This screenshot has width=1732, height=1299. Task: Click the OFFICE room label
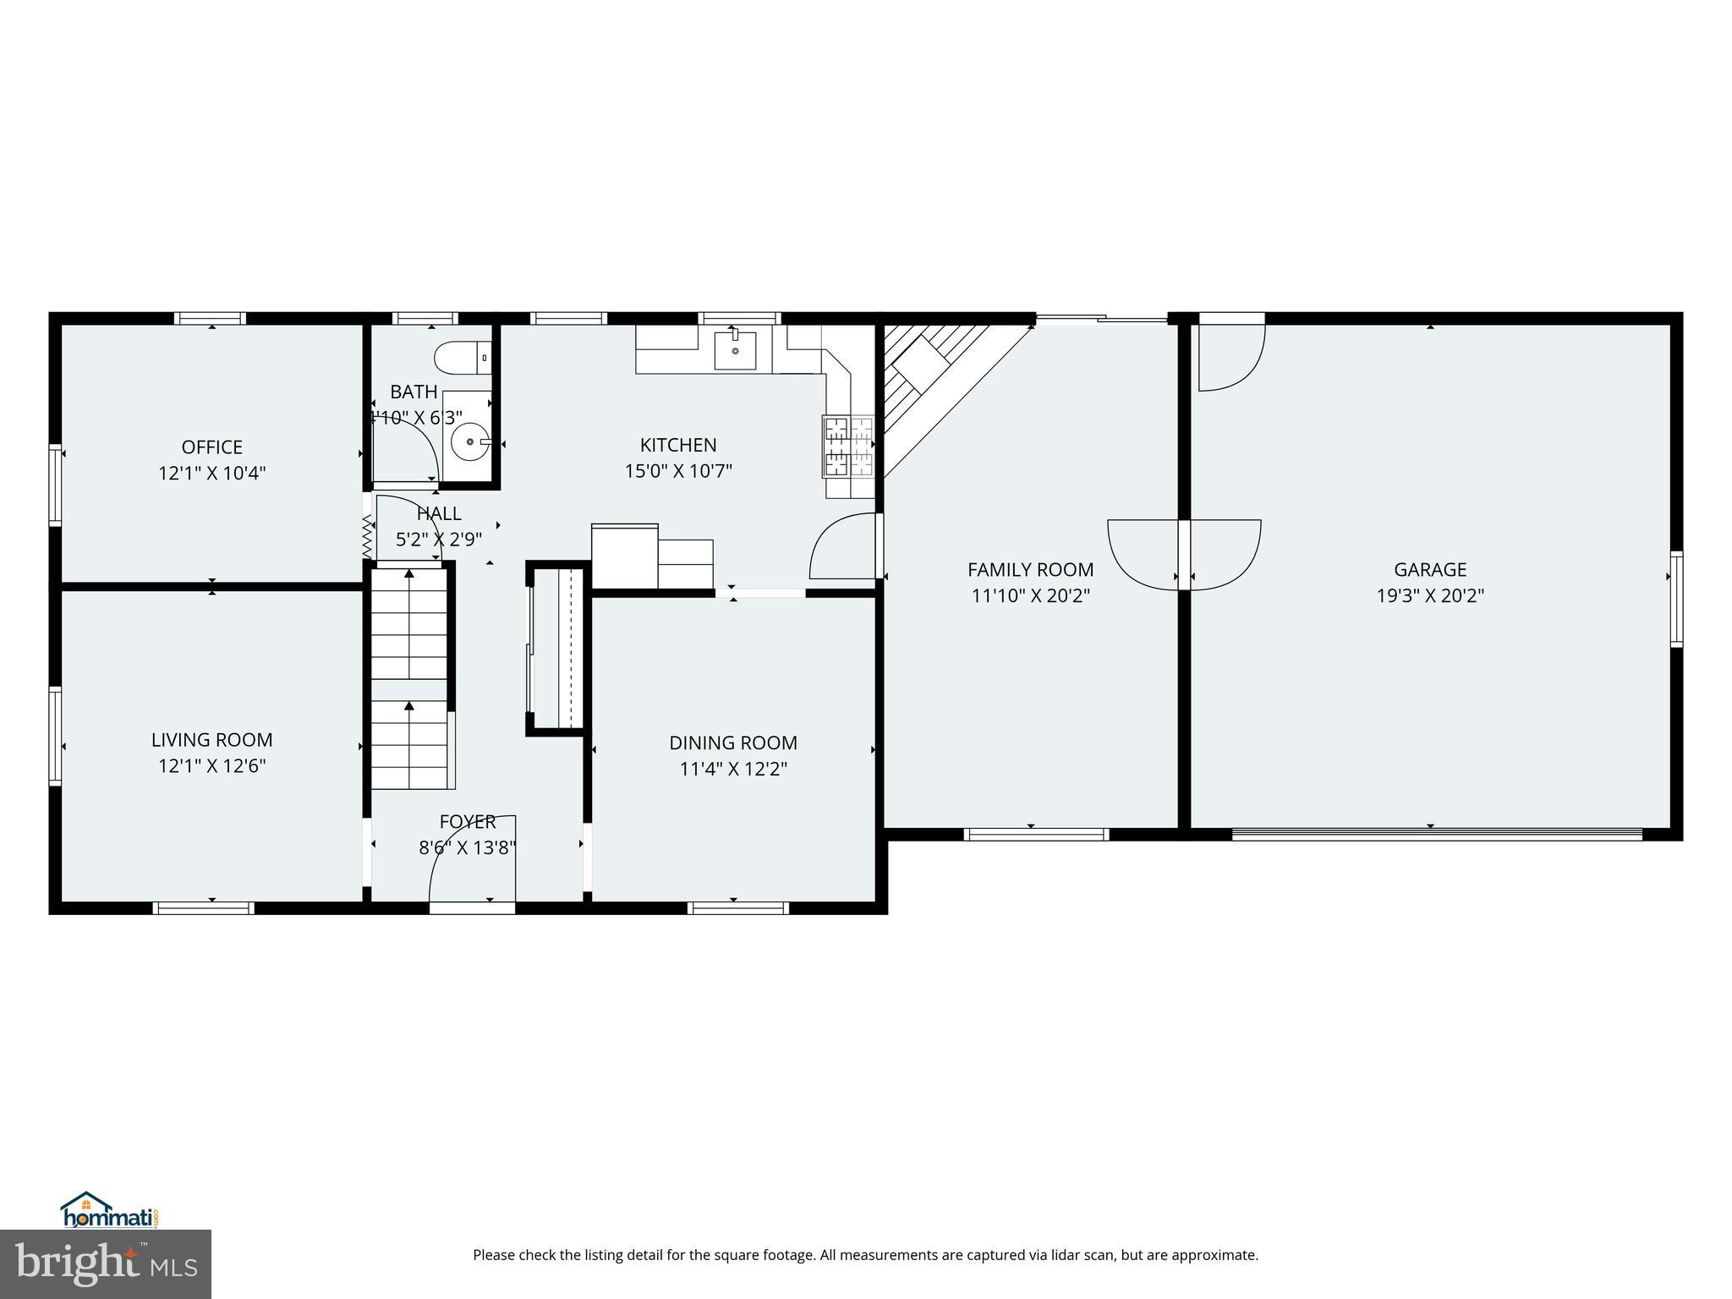211,447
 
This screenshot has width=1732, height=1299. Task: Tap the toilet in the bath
461,358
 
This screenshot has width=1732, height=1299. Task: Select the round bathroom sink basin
469,441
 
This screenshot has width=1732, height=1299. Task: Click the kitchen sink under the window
735,350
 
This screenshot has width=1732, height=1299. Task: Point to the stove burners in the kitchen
848,446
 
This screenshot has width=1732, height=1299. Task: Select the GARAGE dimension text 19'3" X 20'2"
1430,595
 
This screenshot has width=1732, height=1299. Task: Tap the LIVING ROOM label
211,740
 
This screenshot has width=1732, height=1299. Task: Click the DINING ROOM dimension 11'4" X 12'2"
733,769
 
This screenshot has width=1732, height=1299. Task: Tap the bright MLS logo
106,1263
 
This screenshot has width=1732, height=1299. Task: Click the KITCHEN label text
678,445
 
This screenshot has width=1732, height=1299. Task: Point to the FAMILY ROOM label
1030,570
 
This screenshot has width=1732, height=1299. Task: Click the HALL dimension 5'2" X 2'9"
439,539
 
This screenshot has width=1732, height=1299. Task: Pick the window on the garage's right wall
1676,599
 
